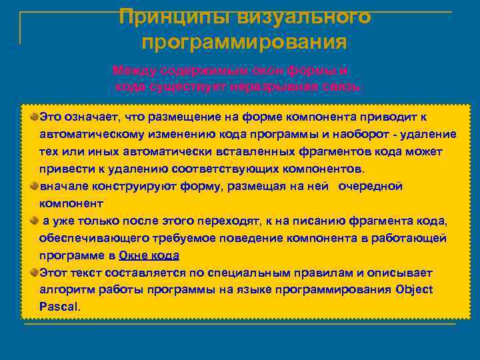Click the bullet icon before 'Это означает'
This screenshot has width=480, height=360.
click(x=34, y=116)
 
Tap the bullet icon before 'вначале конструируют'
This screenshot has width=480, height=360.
click(x=34, y=185)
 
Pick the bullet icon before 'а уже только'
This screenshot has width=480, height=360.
click(x=34, y=220)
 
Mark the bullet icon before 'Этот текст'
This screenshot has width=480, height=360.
click(x=34, y=272)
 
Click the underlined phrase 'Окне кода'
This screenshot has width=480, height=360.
click(x=149, y=255)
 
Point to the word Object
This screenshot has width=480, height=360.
click(x=414, y=289)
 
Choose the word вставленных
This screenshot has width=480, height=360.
click(x=252, y=151)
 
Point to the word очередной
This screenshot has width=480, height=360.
click(x=370, y=185)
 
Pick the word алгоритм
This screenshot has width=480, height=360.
click(x=67, y=289)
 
